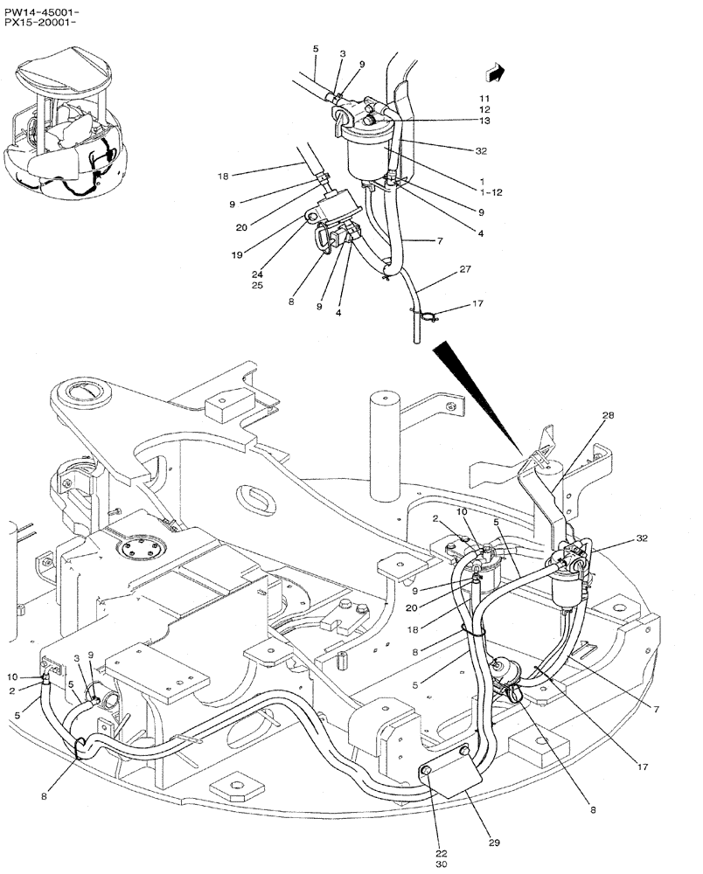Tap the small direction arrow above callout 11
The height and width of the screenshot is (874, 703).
496,73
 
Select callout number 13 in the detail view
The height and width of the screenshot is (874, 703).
484,121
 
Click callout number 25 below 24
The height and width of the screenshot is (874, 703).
257,285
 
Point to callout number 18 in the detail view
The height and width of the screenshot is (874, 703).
223,176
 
